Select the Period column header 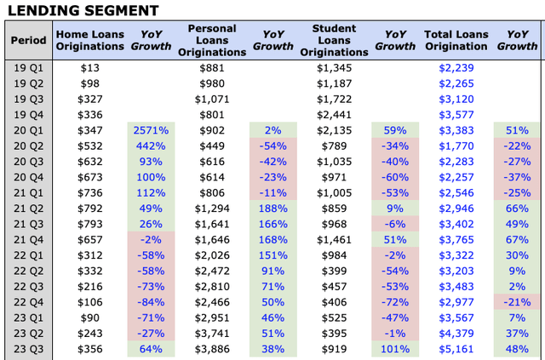coord(28,41)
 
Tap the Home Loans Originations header coord(89,41)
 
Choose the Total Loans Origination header coord(456,41)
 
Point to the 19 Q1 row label coord(28,67)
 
